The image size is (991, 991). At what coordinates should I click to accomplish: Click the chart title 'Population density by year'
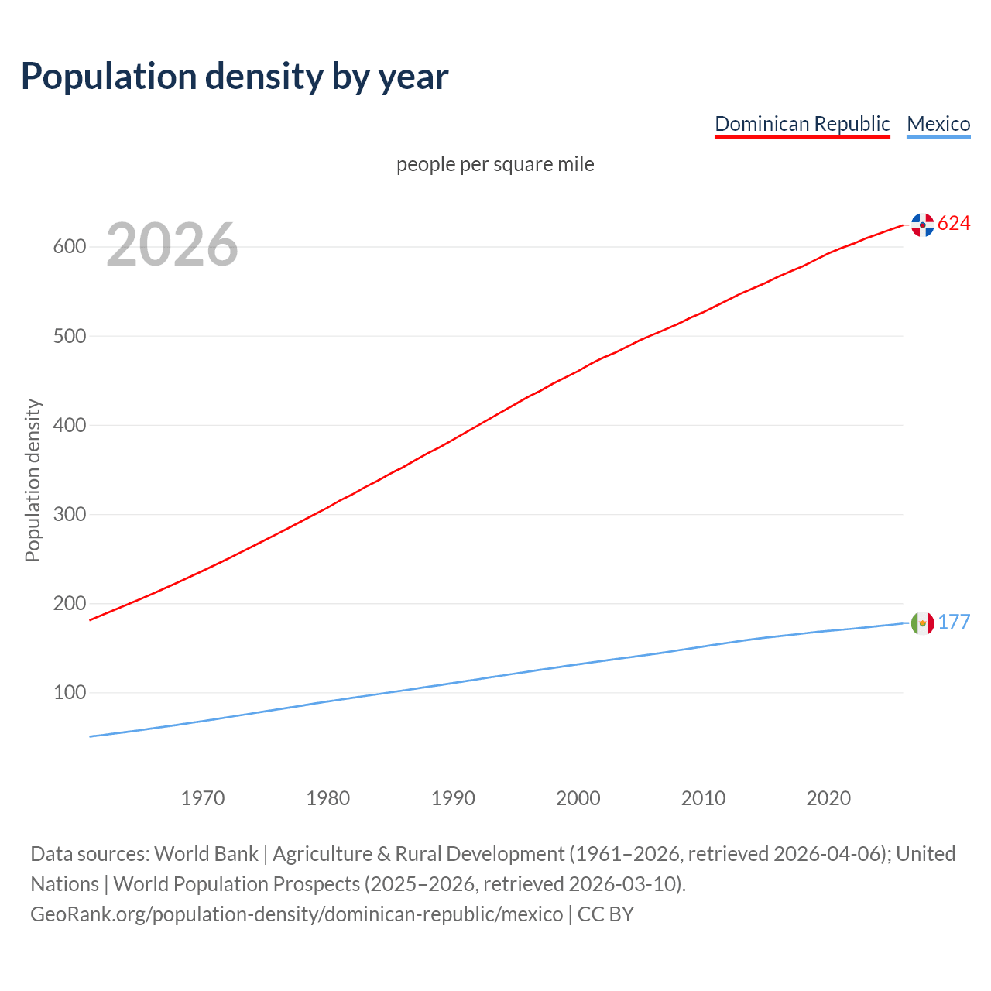click(x=235, y=77)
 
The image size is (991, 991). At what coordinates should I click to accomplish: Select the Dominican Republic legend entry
click(x=802, y=124)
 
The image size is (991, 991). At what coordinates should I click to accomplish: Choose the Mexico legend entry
click(x=938, y=124)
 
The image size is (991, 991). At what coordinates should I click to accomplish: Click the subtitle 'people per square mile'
click(x=495, y=164)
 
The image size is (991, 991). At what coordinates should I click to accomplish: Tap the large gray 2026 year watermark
click(x=172, y=245)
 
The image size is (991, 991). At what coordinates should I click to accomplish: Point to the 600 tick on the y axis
click(x=69, y=247)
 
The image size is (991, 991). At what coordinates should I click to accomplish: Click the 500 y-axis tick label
click(x=69, y=336)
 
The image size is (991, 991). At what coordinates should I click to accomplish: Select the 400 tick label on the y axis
click(x=69, y=425)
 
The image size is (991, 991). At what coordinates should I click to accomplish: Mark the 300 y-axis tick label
click(x=69, y=514)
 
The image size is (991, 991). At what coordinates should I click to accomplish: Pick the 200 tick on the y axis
click(x=69, y=603)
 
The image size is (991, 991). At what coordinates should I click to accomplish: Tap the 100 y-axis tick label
click(x=69, y=692)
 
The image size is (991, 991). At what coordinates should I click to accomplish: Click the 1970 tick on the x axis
click(x=203, y=798)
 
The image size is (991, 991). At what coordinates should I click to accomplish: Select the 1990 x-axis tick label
click(x=453, y=798)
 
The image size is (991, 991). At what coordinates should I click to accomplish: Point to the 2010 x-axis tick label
click(x=703, y=798)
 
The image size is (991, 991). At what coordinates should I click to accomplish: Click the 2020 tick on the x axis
click(x=828, y=798)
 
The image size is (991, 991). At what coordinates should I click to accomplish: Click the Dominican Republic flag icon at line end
click(x=922, y=225)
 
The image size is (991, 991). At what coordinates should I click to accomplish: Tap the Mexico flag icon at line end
click(x=922, y=622)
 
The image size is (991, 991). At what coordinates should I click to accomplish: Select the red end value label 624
click(x=954, y=224)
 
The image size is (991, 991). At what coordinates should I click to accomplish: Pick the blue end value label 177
click(x=954, y=622)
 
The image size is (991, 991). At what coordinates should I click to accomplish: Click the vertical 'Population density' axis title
click(x=33, y=480)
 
